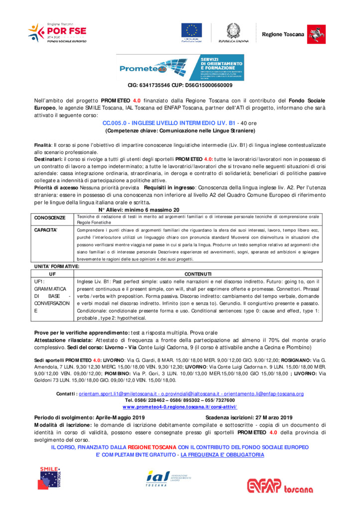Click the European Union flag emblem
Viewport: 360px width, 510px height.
click(x=191, y=30)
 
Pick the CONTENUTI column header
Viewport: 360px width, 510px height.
click(x=198, y=274)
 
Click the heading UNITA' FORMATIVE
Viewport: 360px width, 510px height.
click(x=56, y=267)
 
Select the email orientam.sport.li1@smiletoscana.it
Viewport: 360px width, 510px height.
click(x=116, y=393)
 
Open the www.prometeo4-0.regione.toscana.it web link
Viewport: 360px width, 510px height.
click(x=180, y=406)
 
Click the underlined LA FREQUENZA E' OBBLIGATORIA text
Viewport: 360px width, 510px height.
click(x=222, y=455)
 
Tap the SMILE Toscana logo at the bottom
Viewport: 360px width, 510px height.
click(x=51, y=478)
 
